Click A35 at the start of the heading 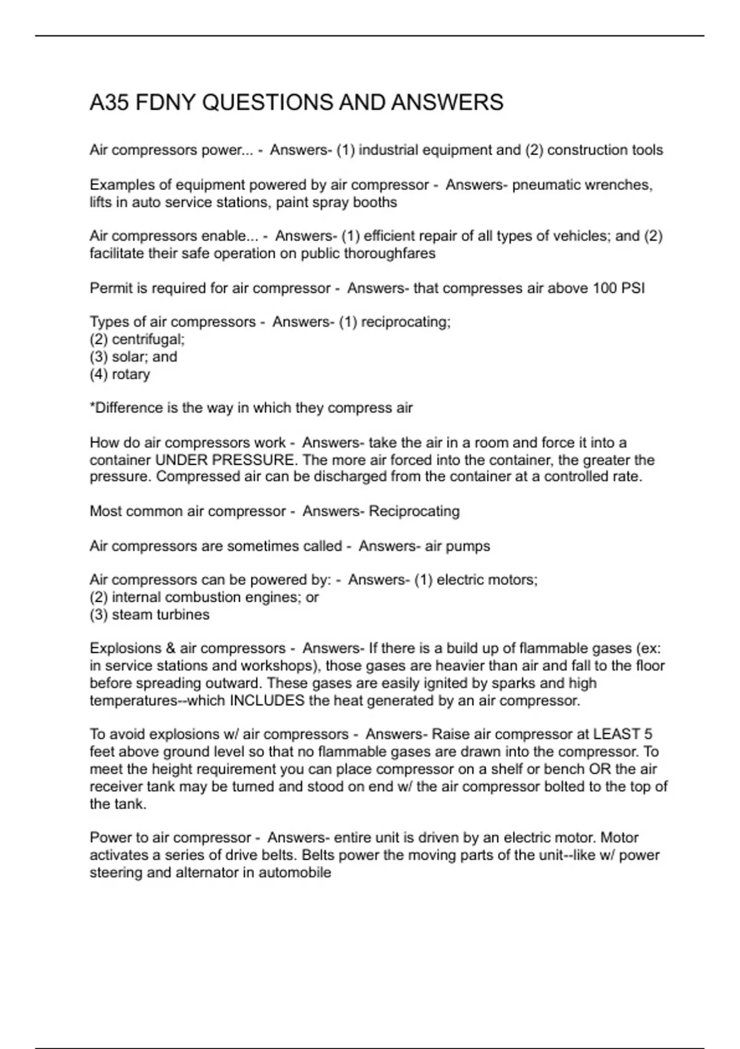click(x=109, y=102)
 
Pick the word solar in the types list click(x=126, y=357)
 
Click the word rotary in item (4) click(x=131, y=374)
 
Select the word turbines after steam click(x=183, y=615)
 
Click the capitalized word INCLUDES click(x=266, y=700)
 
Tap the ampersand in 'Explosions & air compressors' click(x=171, y=649)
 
